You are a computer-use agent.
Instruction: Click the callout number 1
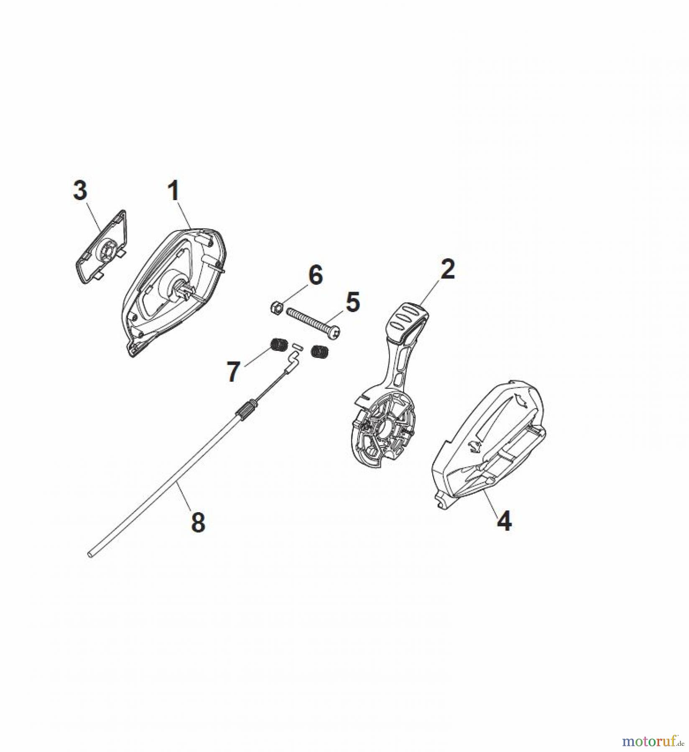[174, 191]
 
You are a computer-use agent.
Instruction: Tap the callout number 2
[447, 269]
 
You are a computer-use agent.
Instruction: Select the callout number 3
[80, 191]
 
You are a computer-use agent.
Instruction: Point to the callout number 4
[504, 521]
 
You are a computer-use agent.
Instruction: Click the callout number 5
[353, 302]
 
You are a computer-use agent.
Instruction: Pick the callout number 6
[316, 275]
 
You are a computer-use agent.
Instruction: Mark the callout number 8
[198, 522]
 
